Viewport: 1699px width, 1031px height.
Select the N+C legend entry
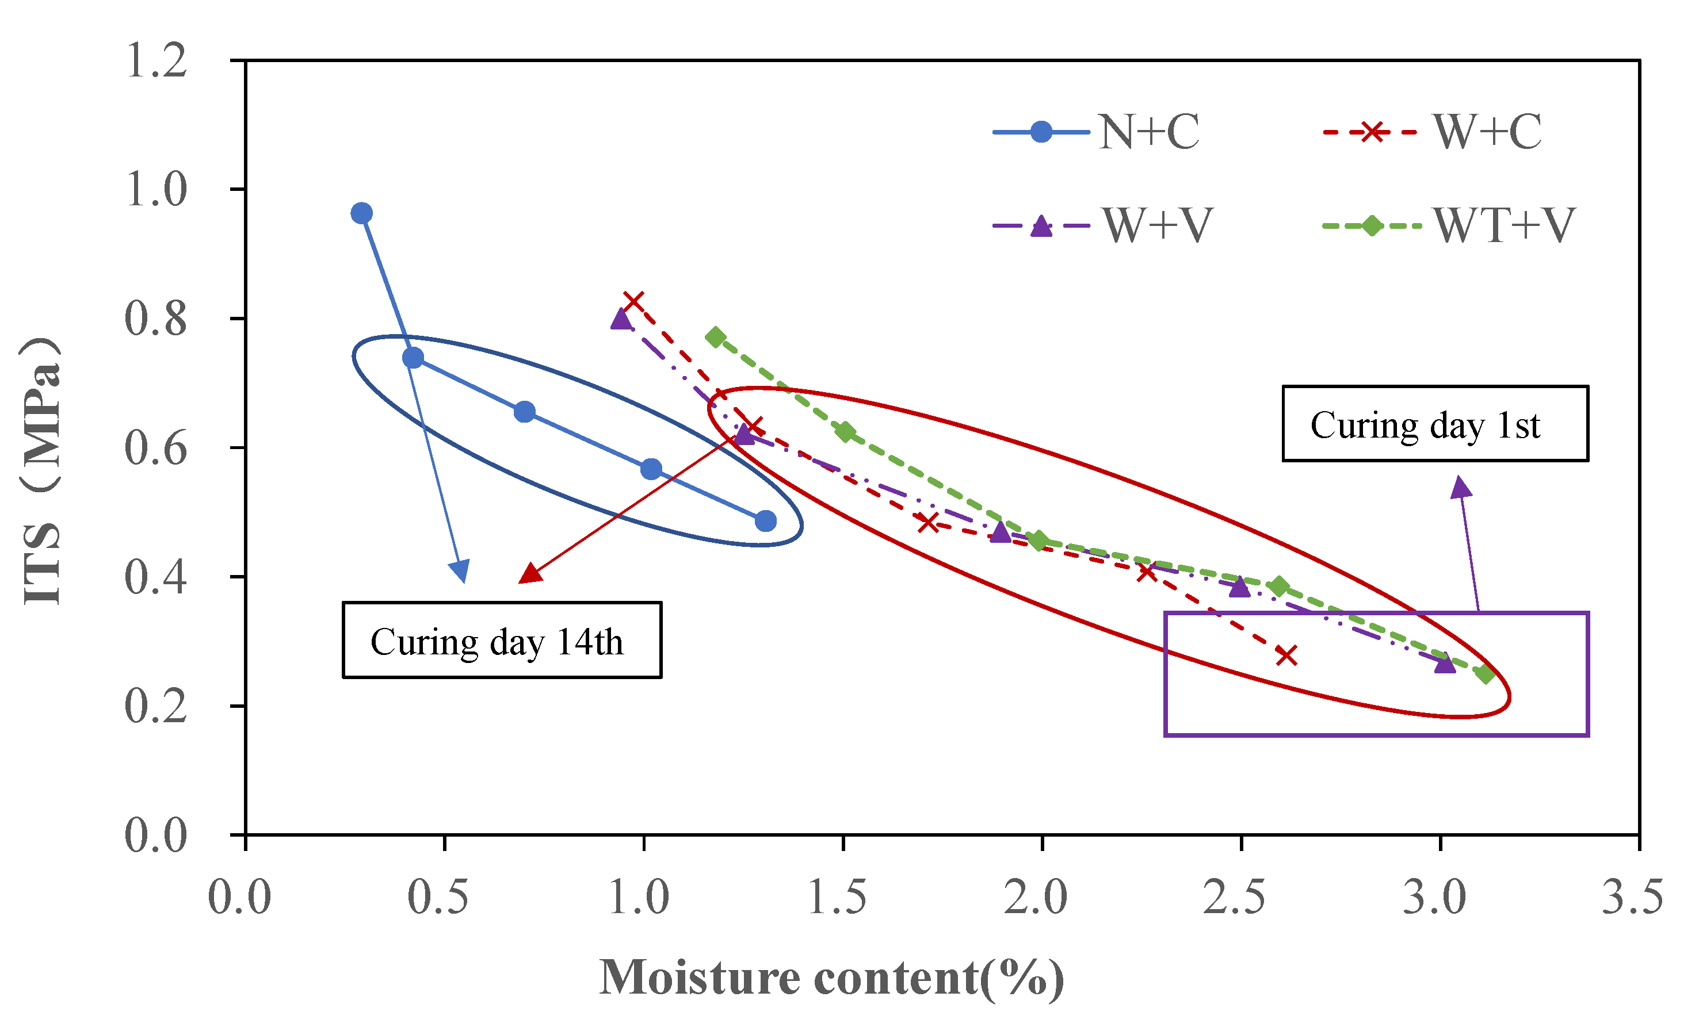tap(1097, 132)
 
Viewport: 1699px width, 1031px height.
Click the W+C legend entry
tap(1433, 132)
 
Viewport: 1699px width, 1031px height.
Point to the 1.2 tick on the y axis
tap(156, 60)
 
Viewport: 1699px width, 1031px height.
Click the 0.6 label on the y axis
tap(156, 448)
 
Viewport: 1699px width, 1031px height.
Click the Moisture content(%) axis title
tap(831, 978)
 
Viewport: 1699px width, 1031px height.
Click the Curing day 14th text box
tap(502, 640)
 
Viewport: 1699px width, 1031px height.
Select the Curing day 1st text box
tap(1435, 424)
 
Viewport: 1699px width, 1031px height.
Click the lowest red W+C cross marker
tap(1286, 655)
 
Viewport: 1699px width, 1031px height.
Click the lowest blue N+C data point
tap(765, 521)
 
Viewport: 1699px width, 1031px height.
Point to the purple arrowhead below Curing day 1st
tap(1460, 487)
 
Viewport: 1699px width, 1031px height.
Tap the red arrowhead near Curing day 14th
tap(529, 573)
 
